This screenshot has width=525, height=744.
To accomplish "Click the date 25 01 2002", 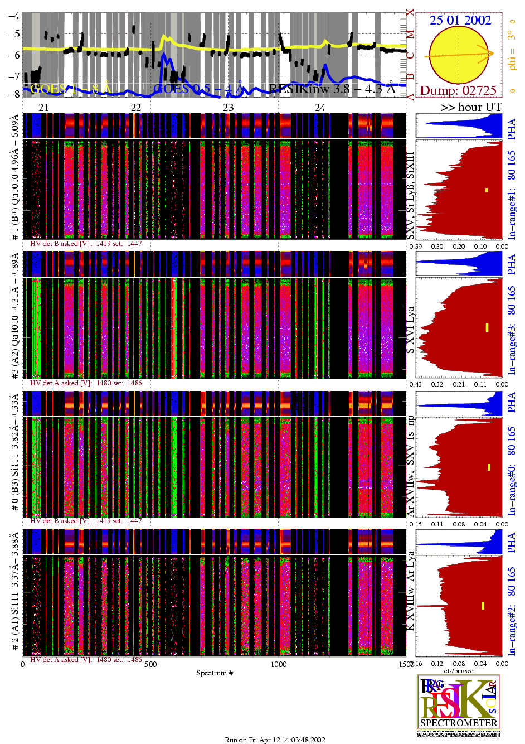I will (460, 20).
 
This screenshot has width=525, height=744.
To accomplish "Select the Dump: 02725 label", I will (458, 90).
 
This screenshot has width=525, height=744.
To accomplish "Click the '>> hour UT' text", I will (471, 107).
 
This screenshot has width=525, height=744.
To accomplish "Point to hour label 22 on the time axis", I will (135, 107).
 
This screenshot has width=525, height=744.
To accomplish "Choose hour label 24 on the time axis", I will (320, 107).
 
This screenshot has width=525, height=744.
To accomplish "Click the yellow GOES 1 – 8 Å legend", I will (71, 88).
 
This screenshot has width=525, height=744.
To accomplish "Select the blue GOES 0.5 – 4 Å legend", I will (199, 88).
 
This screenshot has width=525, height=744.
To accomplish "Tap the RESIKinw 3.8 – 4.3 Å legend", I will (332, 88).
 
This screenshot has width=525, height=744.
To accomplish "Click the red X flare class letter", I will (410, 13).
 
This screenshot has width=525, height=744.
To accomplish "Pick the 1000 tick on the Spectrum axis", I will (279, 664).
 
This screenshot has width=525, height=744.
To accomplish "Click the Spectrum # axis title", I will (215, 673).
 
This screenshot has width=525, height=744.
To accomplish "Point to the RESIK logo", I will (458, 705).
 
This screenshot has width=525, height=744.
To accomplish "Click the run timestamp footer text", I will (275, 740).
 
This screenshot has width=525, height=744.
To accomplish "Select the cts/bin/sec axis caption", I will (459, 671).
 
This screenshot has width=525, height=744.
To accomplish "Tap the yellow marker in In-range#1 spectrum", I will (487, 190).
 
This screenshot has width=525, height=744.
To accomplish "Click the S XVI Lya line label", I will (411, 330).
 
